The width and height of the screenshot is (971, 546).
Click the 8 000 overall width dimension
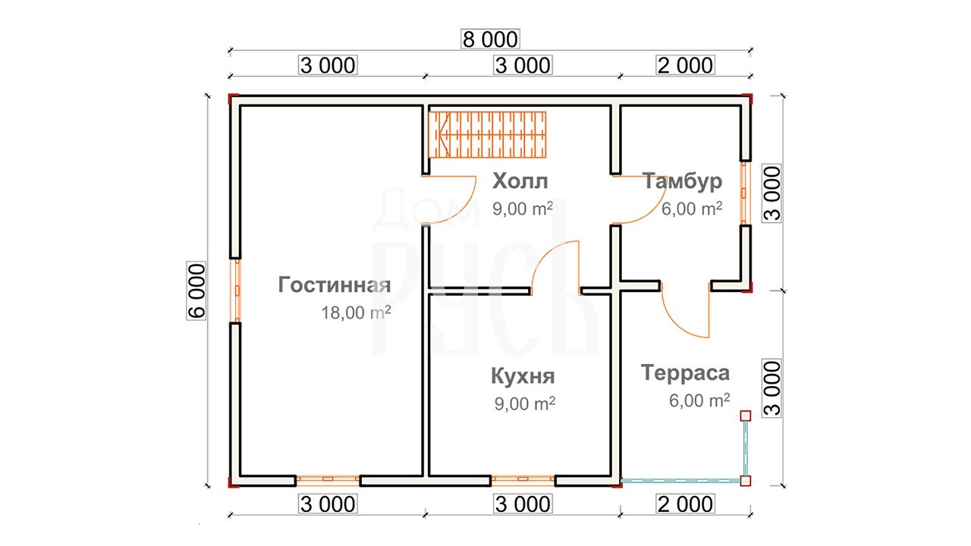tap(490, 39)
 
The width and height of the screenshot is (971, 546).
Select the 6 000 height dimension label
tap(196, 290)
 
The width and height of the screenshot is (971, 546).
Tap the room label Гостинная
tap(335, 285)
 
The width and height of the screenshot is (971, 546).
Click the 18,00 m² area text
tap(356, 312)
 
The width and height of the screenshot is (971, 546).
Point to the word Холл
tap(520, 180)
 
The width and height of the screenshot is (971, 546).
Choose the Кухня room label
tap(523, 376)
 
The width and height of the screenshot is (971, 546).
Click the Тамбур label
tap(682, 181)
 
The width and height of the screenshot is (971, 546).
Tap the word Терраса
tap(685, 373)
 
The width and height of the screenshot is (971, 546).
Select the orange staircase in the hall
tap(487, 135)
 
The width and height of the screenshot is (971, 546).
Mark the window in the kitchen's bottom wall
tap(523, 480)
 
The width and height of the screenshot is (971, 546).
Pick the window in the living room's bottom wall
tap(328, 480)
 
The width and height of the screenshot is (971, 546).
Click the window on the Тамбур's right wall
tap(746, 193)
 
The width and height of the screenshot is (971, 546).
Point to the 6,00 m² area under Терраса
tap(699, 400)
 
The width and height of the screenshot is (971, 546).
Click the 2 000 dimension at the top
tap(685, 65)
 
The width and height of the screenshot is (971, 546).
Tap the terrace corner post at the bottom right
tap(745, 481)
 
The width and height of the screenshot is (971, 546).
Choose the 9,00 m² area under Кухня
tap(524, 403)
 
